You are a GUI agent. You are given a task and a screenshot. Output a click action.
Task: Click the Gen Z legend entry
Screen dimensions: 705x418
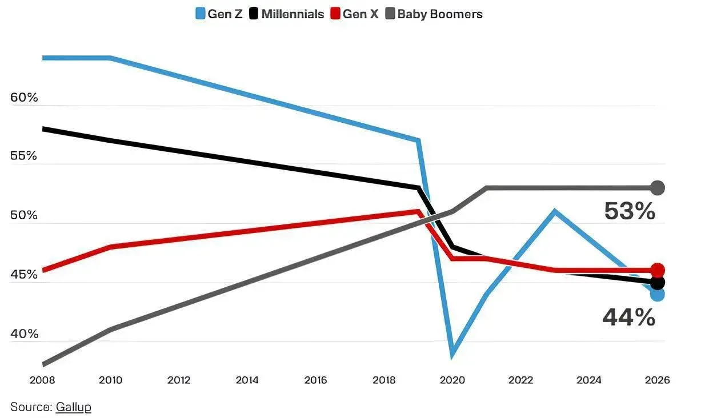(x=219, y=14)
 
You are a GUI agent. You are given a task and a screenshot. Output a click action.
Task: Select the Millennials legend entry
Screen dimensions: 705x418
(x=287, y=14)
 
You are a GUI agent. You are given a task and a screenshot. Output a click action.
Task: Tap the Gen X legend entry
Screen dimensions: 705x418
(x=354, y=14)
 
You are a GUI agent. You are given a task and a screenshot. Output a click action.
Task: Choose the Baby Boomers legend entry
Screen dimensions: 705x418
(x=434, y=14)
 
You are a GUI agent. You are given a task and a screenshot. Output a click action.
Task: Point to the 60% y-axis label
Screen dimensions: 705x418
(x=24, y=98)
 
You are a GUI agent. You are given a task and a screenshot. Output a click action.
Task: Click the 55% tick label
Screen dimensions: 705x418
(x=23, y=156)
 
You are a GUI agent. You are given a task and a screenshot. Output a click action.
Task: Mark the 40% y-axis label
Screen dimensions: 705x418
(x=24, y=333)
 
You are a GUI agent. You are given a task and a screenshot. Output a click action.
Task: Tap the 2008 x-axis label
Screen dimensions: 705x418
(x=42, y=380)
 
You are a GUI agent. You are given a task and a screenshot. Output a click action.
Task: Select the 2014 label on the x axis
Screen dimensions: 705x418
(x=247, y=380)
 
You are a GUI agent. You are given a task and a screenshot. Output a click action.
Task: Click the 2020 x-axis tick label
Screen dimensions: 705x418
(x=452, y=380)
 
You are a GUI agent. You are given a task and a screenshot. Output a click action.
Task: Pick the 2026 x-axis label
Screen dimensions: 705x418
(x=658, y=380)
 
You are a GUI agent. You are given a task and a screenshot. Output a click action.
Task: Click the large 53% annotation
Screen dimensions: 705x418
(x=630, y=211)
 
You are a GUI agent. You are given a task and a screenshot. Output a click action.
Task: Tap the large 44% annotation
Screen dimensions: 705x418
(x=629, y=317)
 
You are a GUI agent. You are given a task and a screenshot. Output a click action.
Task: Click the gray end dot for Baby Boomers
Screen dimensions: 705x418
(x=658, y=188)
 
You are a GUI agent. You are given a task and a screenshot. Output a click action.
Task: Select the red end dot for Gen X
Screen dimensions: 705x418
(x=658, y=270)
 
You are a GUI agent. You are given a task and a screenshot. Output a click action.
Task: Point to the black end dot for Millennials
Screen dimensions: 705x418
(x=658, y=283)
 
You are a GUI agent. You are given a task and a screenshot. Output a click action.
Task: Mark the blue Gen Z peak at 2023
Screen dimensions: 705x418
(x=555, y=211)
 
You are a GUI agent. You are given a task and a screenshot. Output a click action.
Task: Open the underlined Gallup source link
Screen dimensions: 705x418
(x=73, y=407)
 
